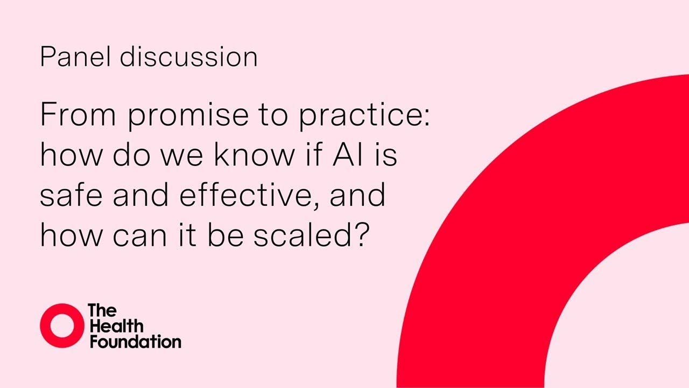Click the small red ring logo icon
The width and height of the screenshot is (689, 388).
[62, 325]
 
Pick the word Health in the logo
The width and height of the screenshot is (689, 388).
[116, 326]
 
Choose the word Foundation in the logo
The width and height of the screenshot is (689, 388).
[135, 342]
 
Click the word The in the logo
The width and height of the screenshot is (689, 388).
[102, 311]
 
